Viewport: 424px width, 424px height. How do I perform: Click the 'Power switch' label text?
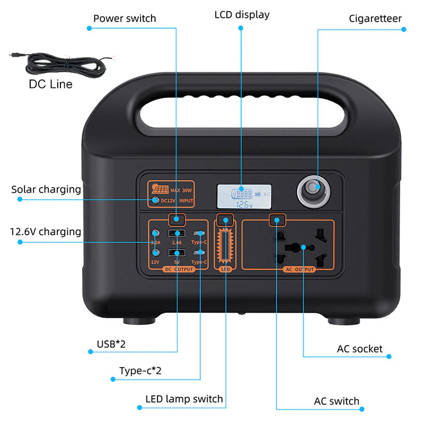point(125,19)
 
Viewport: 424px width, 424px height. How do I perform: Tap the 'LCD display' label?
point(242,15)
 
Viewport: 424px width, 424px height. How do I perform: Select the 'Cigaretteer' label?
point(375,19)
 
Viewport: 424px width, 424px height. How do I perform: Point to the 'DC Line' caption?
point(50,84)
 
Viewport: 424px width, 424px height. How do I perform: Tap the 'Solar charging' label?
point(46,189)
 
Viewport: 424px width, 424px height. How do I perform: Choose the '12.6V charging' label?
point(46,232)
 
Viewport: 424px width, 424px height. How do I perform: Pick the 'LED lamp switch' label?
point(184,399)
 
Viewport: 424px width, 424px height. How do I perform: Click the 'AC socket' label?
point(359,349)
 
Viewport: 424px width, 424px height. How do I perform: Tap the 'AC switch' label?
point(337,401)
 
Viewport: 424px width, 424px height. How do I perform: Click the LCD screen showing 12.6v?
point(244,196)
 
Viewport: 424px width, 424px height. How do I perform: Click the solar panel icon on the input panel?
point(160,189)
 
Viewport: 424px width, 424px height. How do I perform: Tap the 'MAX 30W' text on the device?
point(182,190)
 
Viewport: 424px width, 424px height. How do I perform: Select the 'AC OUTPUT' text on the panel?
point(300,269)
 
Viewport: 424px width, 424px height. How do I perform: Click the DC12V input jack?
point(155,200)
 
